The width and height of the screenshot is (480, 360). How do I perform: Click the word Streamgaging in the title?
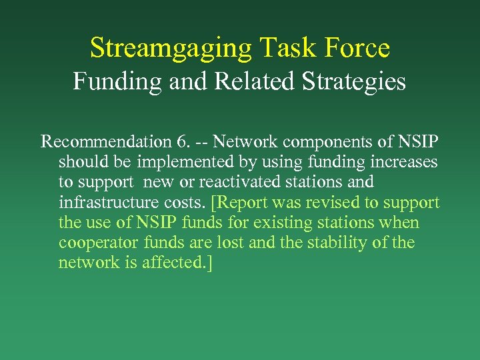tap(171, 48)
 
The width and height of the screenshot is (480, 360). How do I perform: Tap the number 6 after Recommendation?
tap(182, 141)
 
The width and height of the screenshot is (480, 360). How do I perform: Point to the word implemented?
tap(183, 162)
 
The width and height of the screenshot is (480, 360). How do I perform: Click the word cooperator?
tap(97, 243)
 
